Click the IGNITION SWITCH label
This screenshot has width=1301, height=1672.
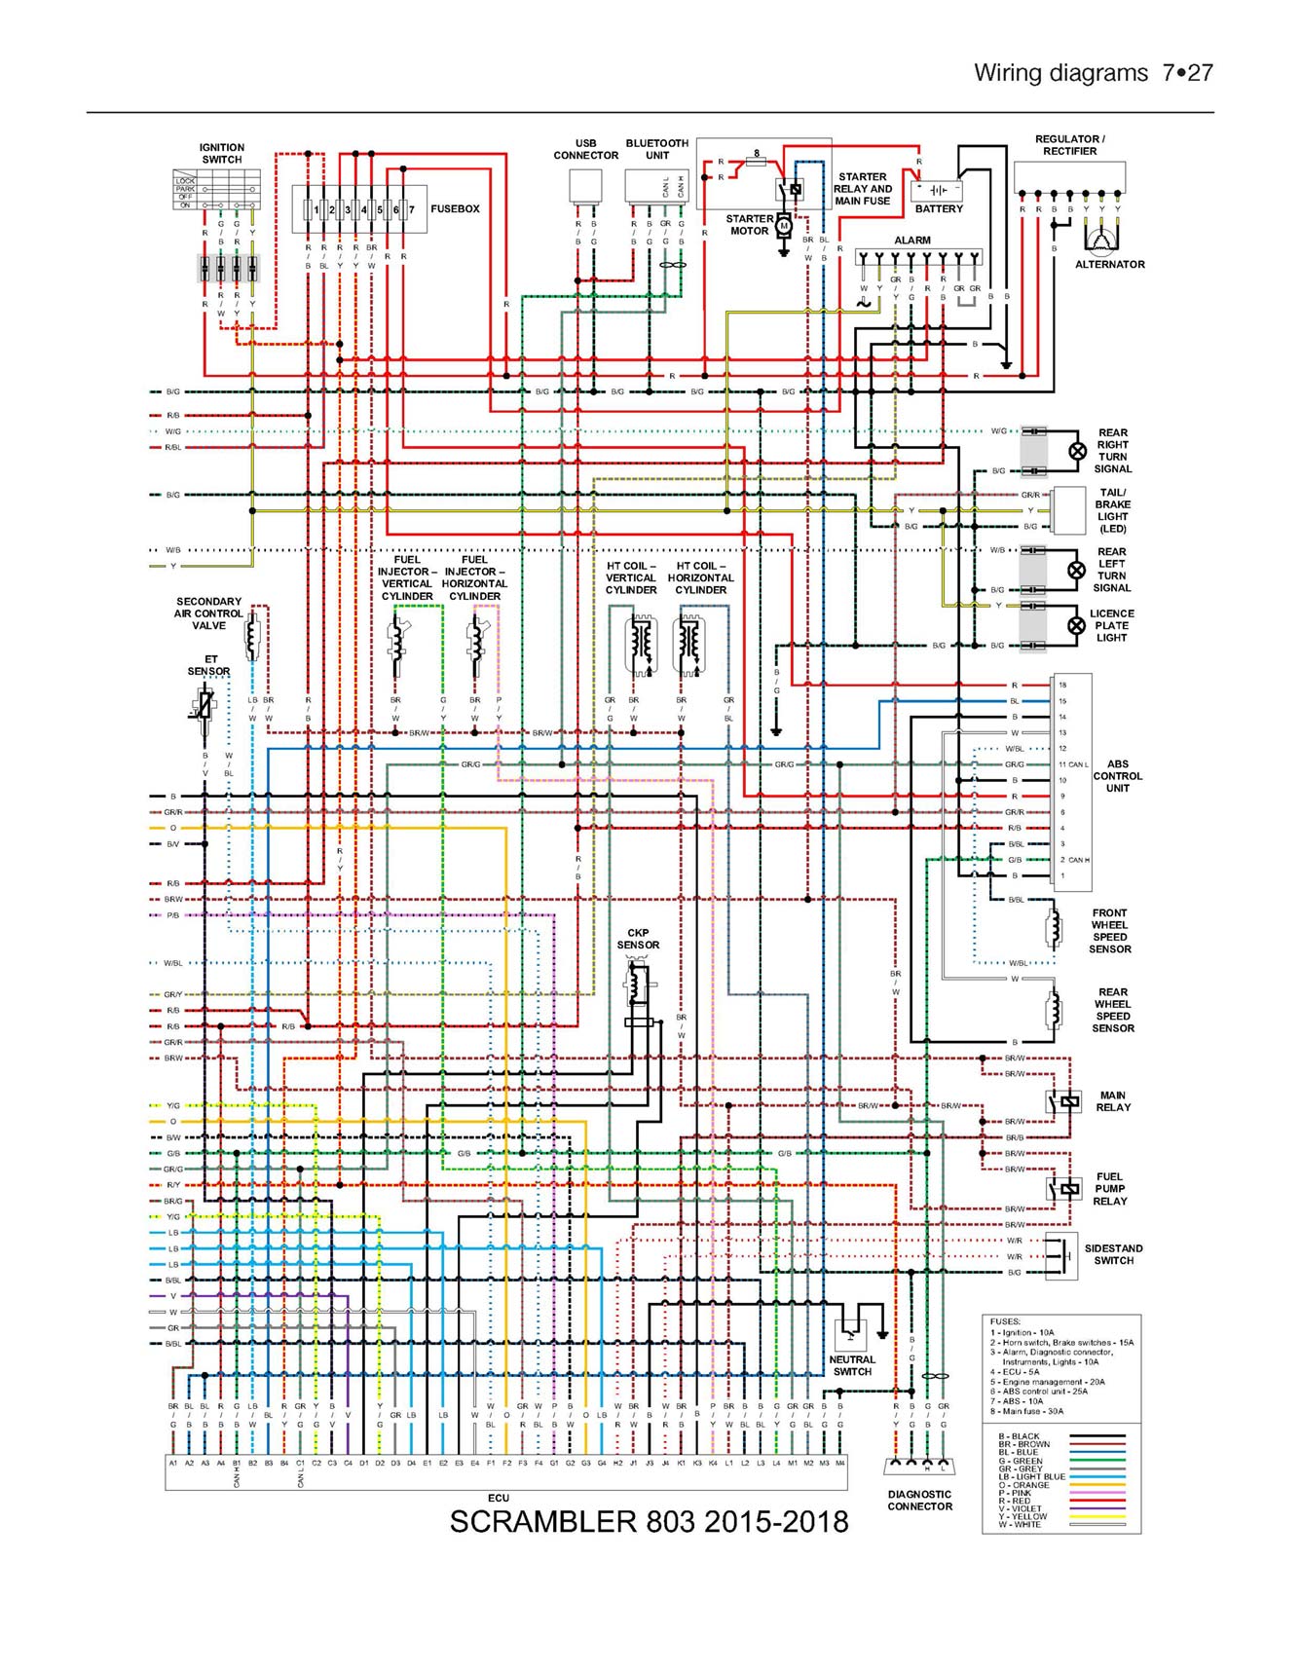(222, 154)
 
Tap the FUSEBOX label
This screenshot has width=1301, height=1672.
(455, 209)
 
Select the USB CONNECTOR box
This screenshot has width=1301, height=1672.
(585, 186)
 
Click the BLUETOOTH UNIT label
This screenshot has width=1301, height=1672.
(657, 149)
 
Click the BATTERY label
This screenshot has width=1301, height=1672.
(939, 209)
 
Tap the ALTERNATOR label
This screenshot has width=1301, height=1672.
(1109, 265)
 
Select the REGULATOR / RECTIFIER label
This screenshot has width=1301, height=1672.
(1069, 145)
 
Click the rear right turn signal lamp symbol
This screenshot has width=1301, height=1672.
(1077, 451)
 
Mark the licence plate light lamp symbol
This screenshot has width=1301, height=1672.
(1076, 626)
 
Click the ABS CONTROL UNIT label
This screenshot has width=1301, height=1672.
(1117, 776)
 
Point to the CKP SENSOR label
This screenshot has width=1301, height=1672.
(638, 939)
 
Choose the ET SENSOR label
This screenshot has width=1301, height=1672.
(209, 665)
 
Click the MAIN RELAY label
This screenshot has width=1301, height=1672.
(1113, 1101)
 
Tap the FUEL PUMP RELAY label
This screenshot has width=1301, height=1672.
(1109, 1189)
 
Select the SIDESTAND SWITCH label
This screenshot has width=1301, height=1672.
(1113, 1254)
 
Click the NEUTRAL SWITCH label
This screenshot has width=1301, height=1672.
(852, 1365)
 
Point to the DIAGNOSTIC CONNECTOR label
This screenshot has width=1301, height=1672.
(919, 1500)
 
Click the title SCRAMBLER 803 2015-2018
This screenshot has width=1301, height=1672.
(649, 1522)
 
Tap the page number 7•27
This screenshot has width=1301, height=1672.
(1186, 73)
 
